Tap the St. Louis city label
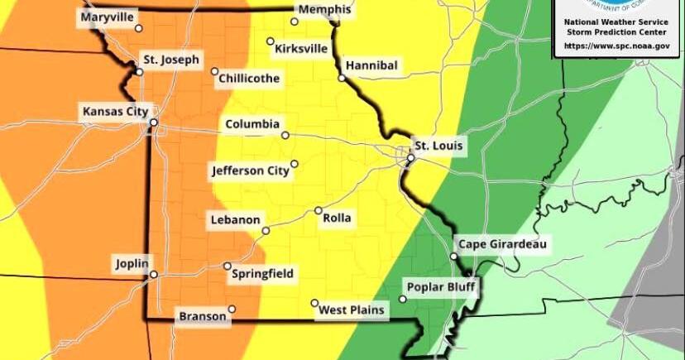(439, 146)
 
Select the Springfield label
(262, 274)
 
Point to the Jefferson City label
(251, 171)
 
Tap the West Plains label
(352, 310)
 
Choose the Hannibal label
(371, 65)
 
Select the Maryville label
(108, 17)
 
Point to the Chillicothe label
(249, 79)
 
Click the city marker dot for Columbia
(285, 135)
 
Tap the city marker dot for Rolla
(319, 211)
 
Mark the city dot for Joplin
(153, 274)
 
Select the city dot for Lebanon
(266, 230)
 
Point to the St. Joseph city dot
(140, 71)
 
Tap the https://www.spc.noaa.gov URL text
(616, 46)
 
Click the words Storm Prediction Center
(616, 31)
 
